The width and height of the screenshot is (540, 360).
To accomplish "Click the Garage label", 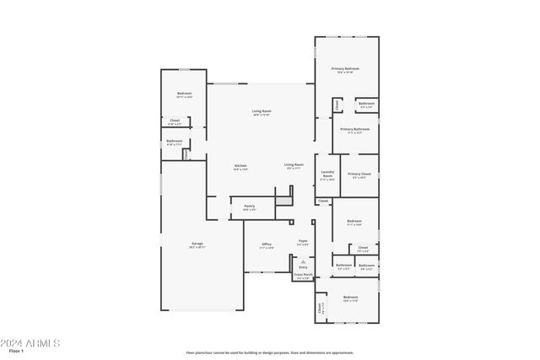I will click(x=196, y=244).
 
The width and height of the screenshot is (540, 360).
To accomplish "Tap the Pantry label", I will click(x=250, y=206).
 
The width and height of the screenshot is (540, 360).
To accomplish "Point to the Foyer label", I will click(x=303, y=241).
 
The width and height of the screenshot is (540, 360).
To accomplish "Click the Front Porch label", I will click(x=303, y=274).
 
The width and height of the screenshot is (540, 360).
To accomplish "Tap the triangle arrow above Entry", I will click(x=303, y=261).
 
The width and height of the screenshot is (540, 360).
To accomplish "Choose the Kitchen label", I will click(x=240, y=165).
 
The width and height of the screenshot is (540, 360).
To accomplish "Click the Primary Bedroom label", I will click(x=345, y=68).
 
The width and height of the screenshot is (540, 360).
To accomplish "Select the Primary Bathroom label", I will click(x=355, y=129).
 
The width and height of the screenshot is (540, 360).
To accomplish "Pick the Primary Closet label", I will click(x=359, y=174).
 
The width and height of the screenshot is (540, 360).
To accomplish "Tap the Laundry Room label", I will click(x=327, y=175).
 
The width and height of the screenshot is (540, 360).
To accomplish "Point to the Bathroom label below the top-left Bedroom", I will click(x=175, y=141).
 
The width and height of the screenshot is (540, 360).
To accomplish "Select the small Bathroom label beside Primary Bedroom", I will click(x=366, y=104).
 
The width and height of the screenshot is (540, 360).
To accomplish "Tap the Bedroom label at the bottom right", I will click(x=350, y=297).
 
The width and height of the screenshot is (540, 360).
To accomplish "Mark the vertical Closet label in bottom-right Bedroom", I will click(x=320, y=310).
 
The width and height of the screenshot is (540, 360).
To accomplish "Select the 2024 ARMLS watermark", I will click(x=30, y=342).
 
